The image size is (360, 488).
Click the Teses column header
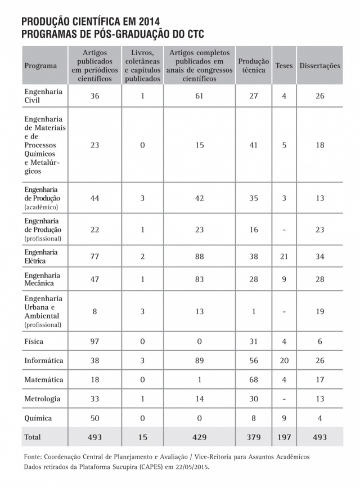pos(284,65)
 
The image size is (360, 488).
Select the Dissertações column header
pos(319,65)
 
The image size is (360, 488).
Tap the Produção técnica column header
pos(253,65)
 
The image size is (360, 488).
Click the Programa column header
pos(40,65)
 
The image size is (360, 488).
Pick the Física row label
pos(34,341)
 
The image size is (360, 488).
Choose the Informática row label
pos(44,360)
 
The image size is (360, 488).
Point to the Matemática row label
pos(43,380)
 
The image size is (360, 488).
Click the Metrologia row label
pos(42,399)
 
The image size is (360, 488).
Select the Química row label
pos(38,418)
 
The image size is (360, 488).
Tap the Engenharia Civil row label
pos(43,96)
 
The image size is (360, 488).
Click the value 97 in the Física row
pos(94,341)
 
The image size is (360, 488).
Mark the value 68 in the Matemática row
pos(253,380)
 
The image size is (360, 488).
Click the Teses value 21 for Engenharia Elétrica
pos(284,256)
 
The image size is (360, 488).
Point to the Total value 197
pos(284,437)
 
